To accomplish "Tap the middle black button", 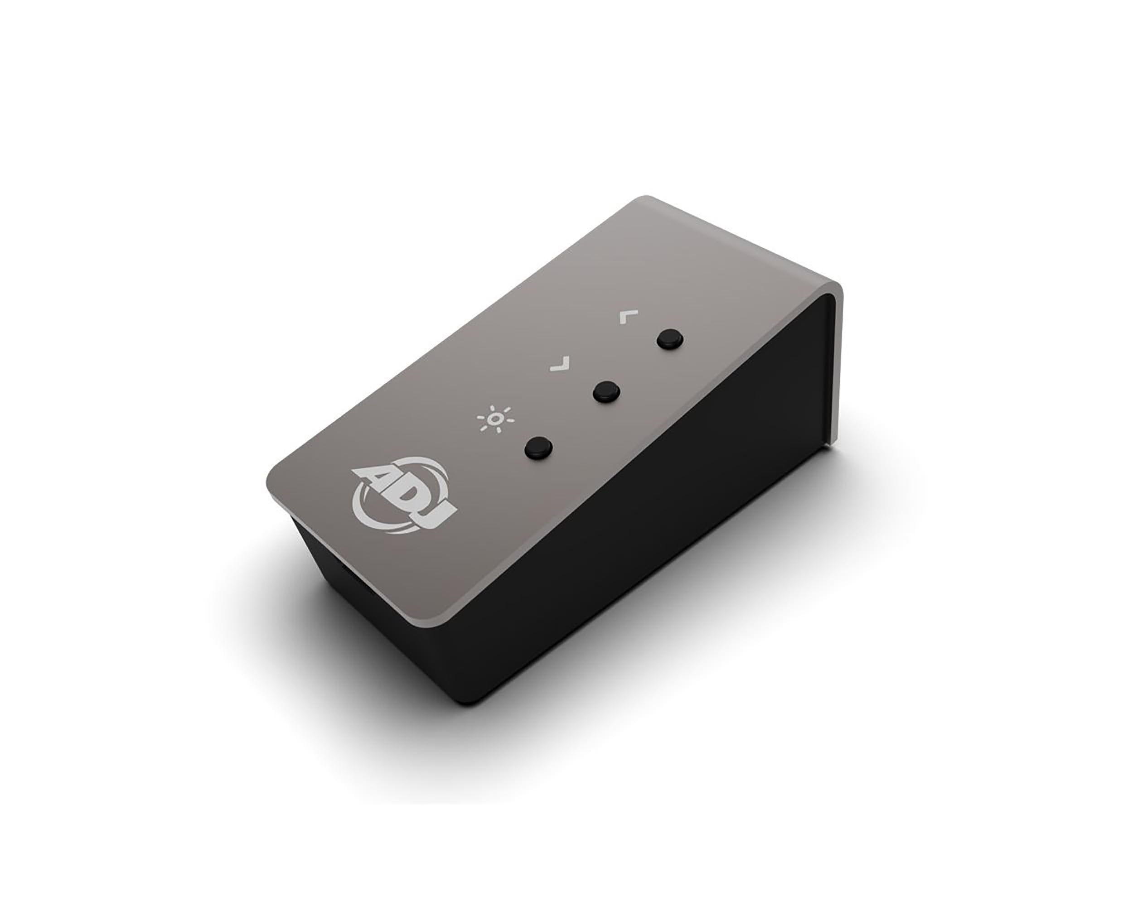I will pos(606,391).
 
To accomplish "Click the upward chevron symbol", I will pos(629,317).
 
